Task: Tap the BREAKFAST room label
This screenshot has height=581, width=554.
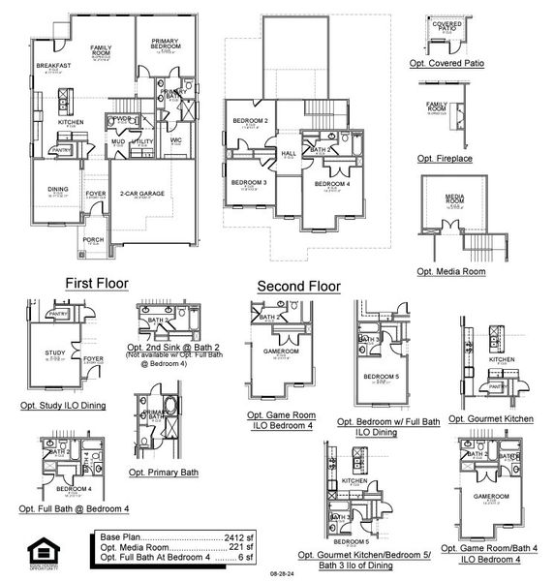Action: point(50,66)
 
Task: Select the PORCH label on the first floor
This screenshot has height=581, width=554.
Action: point(94,240)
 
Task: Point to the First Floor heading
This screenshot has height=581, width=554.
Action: point(97,283)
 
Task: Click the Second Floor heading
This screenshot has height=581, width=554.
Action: point(298,287)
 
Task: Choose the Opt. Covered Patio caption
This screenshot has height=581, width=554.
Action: point(451,63)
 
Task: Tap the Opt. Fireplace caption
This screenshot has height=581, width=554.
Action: point(446,158)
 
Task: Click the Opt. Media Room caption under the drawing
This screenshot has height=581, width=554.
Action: point(451,272)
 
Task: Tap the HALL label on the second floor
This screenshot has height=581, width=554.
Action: point(288,153)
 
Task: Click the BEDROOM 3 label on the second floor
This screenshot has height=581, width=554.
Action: point(249,182)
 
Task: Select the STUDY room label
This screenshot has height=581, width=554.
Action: point(55,352)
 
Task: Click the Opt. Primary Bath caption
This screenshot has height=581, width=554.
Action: point(163,472)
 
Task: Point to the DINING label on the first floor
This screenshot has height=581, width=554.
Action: point(59,191)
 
